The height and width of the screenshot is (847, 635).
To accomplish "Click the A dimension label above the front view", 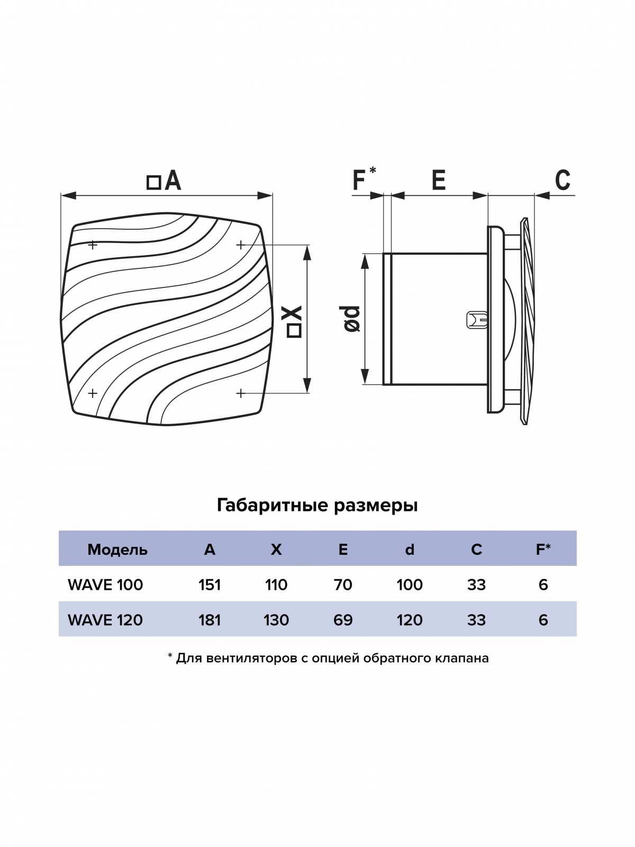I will tap(165, 181).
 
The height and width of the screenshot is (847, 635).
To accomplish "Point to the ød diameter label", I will tap(352, 319).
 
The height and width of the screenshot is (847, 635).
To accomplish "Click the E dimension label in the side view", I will tap(438, 180).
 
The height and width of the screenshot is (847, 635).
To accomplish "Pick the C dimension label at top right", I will tap(563, 180).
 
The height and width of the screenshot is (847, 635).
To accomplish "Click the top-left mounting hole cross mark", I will tap(93, 245).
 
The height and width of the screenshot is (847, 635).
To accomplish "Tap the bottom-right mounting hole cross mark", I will tap(241, 393).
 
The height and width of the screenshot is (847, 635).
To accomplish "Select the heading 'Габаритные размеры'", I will tap(317, 506).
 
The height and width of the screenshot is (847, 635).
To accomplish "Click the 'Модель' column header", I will tap(117, 549).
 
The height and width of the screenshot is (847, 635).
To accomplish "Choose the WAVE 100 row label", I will tap(105, 585).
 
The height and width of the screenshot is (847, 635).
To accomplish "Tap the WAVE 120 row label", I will tap(105, 620).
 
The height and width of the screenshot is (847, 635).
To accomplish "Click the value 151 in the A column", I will tap(210, 585).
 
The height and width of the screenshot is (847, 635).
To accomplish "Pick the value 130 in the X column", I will tap(276, 620).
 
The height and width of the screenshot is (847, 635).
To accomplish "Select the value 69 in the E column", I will tap(343, 620).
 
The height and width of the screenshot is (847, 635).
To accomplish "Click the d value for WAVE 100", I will tap(410, 585).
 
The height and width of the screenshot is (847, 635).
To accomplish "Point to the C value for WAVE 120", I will tap(476, 620).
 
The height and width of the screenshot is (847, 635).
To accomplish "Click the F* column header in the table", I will tap(543, 549).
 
